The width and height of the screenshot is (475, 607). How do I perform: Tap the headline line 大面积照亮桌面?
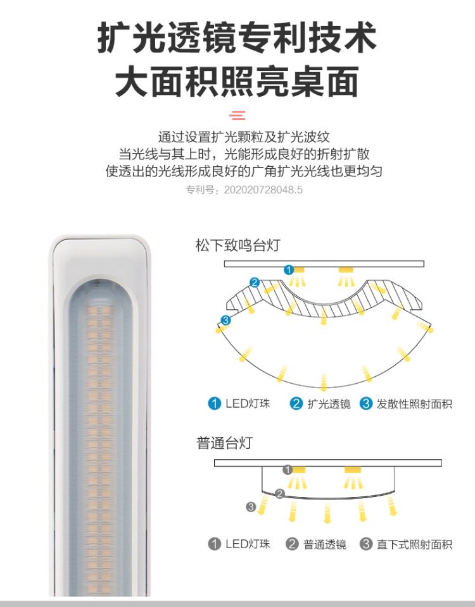(x=237, y=82)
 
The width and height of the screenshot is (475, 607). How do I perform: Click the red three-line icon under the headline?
(x=237, y=115)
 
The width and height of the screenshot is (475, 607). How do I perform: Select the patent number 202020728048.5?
(x=263, y=189)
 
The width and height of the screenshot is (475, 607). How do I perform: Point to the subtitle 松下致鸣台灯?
(x=237, y=245)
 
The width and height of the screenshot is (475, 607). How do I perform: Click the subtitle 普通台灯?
(x=224, y=443)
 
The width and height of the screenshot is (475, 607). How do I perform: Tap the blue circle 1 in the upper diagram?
(x=289, y=269)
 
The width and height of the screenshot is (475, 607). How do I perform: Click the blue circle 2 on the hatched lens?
(x=255, y=283)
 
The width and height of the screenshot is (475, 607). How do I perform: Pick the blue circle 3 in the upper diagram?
(x=226, y=321)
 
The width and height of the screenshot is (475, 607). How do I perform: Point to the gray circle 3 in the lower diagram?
(x=251, y=506)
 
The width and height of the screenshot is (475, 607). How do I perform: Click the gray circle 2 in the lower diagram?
(x=279, y=493)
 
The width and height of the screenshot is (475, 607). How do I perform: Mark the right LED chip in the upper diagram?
(x=345, y=270)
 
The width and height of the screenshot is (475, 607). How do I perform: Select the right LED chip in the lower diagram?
(x=352, y=470)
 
